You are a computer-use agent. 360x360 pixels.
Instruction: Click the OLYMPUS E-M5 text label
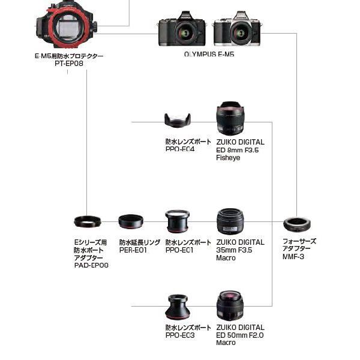(209, 54)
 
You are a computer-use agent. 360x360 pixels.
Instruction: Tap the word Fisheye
(228, 158)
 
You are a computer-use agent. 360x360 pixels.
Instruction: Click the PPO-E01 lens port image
(179, 220)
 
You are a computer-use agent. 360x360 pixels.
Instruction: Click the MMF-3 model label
(293, 257)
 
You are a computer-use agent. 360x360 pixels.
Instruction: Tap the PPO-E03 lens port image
(179, 307)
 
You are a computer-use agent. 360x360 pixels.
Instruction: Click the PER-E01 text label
(133, 250)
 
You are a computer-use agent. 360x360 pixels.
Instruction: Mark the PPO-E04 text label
(180, 149)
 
